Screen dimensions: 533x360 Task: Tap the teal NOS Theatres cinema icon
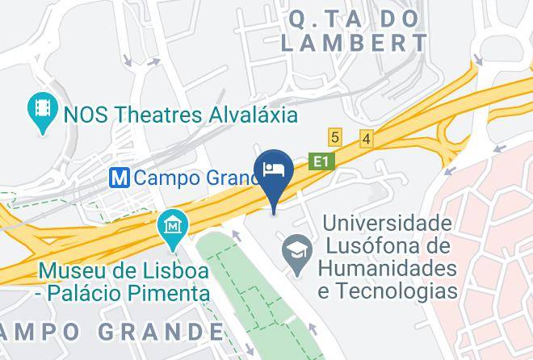[40, 114]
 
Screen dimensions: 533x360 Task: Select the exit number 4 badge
[366, 139]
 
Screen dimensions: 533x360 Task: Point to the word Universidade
[387, 222]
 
